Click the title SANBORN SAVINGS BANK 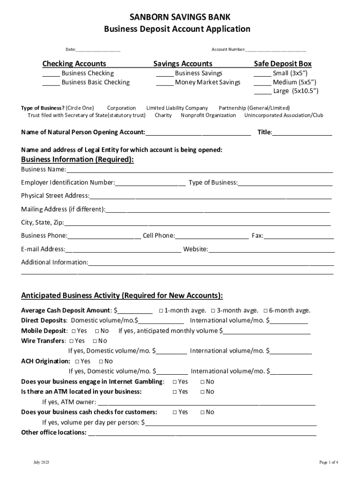[x=180, y=17]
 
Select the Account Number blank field [x=276, y=50]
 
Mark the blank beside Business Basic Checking [x=51, y=83]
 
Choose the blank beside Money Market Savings [x=165, y=83]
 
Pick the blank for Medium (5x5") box [x=262, y=83]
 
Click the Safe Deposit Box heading [x=282, y=64]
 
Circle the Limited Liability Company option [x=177, y=108]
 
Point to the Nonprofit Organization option [x=208, y=115]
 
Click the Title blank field [x=302, y=133]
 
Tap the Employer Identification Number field [x=150, y=183]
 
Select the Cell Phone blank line [x=212, y=236]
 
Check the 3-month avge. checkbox [x=213, y=311]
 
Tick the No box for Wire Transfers [x=95, y=341]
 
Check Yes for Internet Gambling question [x=174, y=382]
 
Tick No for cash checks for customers [x=202, y=413]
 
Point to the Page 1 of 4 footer [x=328, y=462]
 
